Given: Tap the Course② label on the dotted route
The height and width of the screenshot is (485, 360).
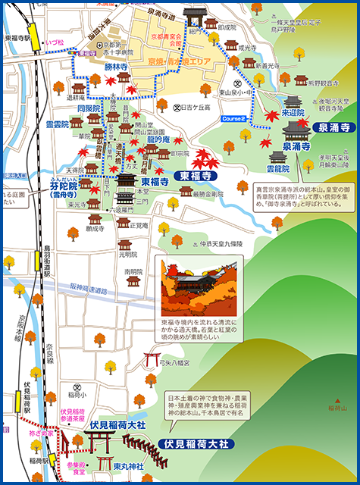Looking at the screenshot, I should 234,120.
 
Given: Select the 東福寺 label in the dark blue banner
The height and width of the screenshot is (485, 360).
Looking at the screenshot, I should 196,176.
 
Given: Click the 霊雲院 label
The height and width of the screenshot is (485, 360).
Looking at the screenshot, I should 58,123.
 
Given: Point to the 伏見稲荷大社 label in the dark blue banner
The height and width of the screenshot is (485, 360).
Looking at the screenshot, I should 199,443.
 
